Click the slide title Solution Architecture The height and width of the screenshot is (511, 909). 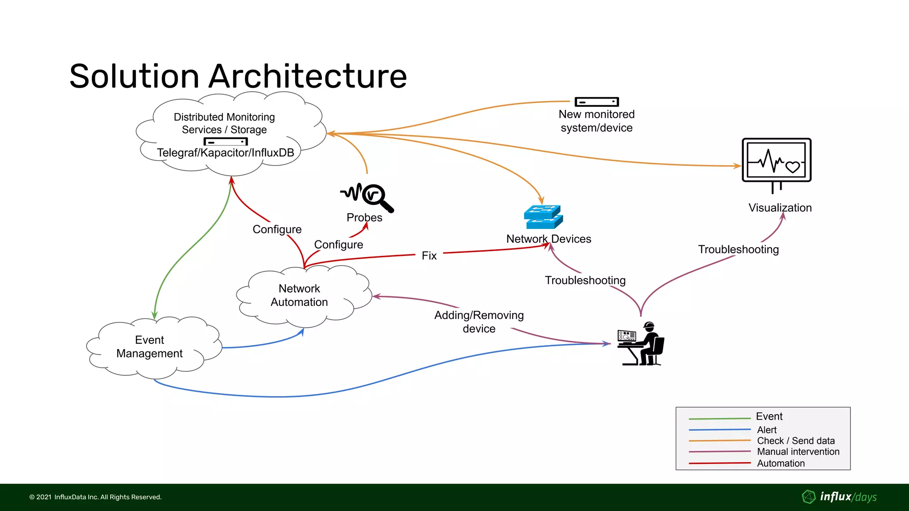pos(238,76)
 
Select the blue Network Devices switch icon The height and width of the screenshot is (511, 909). pos(543,217)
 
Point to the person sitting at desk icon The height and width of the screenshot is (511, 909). pos(641,344)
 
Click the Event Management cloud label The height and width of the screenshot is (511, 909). pos(150,347)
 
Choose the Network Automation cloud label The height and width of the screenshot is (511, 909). pos(299,295)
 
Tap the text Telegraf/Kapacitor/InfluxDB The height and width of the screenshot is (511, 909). pos(225,153)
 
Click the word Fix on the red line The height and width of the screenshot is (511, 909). pos(429,256)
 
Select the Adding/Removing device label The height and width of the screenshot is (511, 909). pos(479,322)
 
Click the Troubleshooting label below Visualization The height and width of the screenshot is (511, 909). pos(738,250)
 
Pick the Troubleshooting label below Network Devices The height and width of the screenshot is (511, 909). pos(585,281)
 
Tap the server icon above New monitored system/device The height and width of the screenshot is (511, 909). pos(597,102)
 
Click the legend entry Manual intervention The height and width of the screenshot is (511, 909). pos(798,452)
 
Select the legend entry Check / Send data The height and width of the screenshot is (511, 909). pos(795,441)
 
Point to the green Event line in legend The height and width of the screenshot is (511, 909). pos(719,418)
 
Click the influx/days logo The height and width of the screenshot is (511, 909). pos(839,497)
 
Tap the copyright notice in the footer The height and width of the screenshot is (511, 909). pos(95,497)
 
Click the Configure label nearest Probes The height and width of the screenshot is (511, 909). pos(338,245)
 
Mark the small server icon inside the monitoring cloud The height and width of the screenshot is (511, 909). pos(225,142)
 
